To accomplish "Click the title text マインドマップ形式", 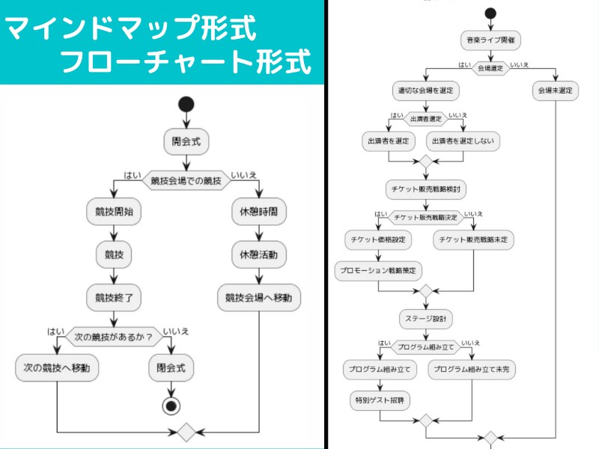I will pos(131,30).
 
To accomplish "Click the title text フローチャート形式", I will pos(185,62).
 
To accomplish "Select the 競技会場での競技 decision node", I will pos(186,180).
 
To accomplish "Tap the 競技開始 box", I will pos(115,213).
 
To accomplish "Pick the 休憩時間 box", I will pos(258,213).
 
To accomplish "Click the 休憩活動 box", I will pos(258,254).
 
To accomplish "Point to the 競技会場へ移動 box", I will pos(258,297).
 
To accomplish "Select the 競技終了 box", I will pos(115,297).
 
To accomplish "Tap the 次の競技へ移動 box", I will pos(58,367).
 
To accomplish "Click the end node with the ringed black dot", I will pos(172,406).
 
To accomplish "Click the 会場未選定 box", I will pos(556,91).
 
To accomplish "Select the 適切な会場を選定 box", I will pos(426,91).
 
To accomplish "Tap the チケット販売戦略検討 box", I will pos(426,189).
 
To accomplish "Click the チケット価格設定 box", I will pos(378,239).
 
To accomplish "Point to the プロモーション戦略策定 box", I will pos(378,269).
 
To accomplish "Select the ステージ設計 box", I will pos(426,318).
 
